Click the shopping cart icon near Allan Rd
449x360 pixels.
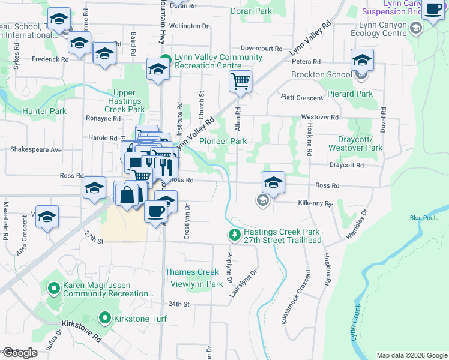[240, 81]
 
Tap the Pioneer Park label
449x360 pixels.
[223, 141]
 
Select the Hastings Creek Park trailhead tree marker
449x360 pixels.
[234, 236]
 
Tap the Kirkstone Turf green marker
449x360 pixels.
[105, 318]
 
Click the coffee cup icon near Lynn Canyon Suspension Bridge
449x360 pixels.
[433, 10]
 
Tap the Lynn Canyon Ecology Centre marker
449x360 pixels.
[415, 28]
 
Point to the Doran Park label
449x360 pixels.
[251, 11]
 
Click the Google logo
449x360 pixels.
[20, 353]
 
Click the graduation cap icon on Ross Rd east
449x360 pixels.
[273, 182]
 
